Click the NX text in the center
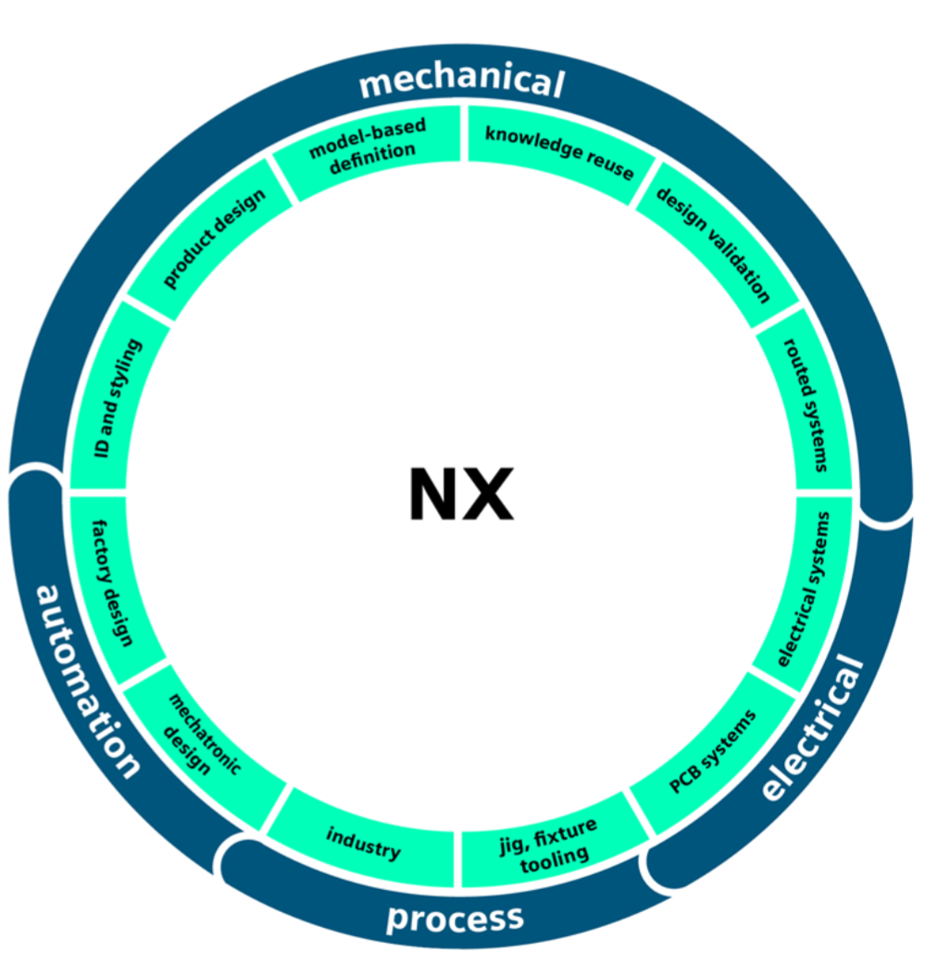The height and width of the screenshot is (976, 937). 461,495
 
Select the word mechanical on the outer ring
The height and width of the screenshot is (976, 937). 461,81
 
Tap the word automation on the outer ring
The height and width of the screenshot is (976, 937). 87,680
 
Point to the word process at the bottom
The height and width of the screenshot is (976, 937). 455,918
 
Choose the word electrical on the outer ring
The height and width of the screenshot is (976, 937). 812,728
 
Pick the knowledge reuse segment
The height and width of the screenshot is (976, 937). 559,147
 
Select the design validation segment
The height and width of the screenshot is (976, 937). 713,245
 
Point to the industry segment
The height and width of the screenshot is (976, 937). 364,841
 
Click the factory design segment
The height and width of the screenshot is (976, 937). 113,581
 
